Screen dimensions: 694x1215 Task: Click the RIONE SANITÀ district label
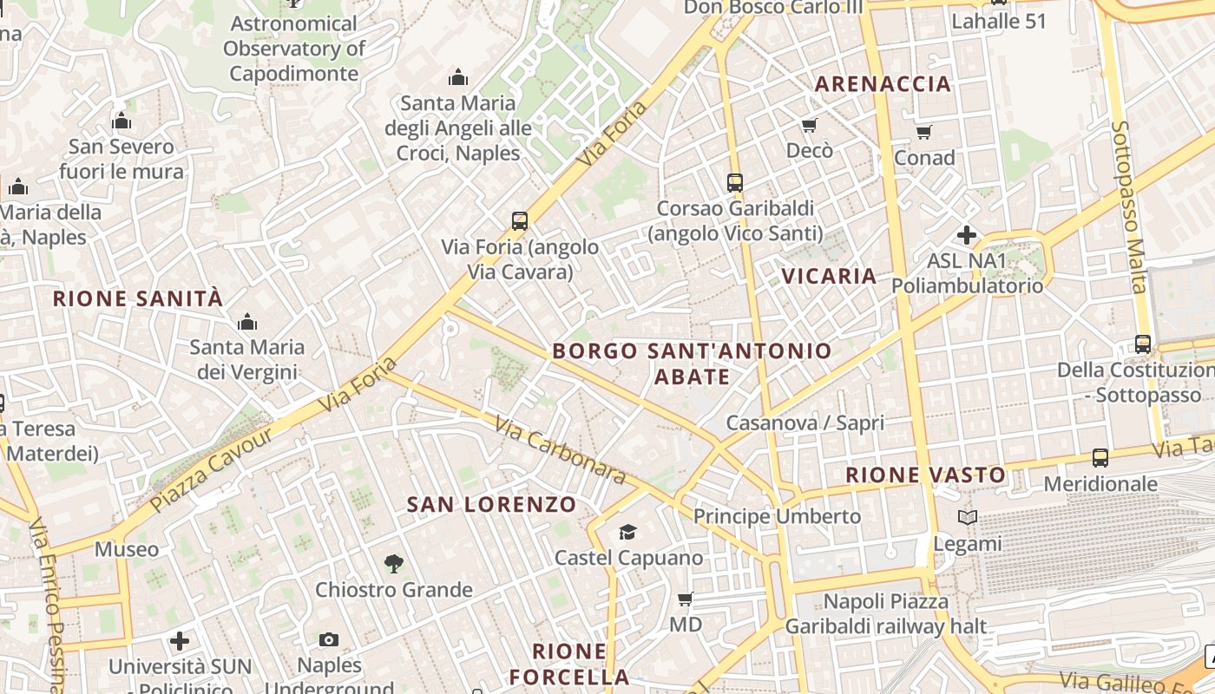[x=138, y=299]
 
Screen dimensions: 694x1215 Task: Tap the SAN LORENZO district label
[x=491, y=504]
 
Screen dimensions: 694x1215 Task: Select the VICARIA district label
[x=829, y=276]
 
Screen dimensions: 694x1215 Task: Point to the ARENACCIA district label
[x=883, y=84]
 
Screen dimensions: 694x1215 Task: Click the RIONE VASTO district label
[x=925, y=475]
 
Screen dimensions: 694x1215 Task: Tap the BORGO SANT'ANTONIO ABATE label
[x=692, y=363]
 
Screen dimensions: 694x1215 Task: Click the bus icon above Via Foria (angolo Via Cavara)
[x=520, y=221]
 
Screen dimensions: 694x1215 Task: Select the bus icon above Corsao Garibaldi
[x=735, y=182]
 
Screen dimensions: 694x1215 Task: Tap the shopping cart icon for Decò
[x=810, y=126]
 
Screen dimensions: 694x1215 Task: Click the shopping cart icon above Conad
[x=924, y=133]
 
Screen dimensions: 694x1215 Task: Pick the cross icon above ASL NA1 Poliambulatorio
[x=967, y=235]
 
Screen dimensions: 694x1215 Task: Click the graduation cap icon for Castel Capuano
[x=627, y=532]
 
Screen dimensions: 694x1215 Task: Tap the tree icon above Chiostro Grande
[x=394, y=564]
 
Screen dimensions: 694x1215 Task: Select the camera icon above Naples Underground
[x=329, y=639]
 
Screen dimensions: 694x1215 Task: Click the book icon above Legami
[x=968, y=518]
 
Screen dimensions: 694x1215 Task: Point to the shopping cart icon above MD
[x=685, y=599]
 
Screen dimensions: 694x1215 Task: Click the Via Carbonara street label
[x=561, y=449]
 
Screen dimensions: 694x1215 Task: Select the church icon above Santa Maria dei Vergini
[x=247, y=323]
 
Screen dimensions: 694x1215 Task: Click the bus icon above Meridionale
[x=1100, y=457]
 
